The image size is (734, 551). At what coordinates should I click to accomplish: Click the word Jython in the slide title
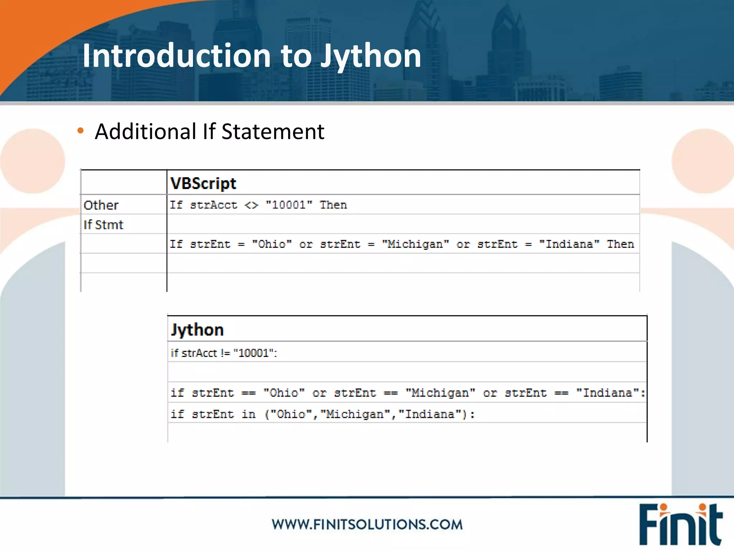[371, 56]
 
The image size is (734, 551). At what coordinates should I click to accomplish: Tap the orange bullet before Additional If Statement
[81, 131]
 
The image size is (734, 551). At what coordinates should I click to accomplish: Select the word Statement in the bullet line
[273, 131]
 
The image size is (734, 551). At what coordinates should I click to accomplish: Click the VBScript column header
[203, 183]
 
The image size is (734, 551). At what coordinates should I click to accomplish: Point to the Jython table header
[197, 329]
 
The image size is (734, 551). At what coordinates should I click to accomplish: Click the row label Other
[101, 205]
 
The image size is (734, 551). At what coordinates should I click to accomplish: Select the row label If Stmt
[103, 225]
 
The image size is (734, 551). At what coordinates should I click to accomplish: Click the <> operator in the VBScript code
[251, 205]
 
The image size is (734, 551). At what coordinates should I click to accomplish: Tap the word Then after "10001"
[333, 205]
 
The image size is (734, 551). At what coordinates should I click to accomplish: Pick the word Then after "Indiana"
[620, 244]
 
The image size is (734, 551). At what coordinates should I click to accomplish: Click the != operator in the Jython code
[225, 353]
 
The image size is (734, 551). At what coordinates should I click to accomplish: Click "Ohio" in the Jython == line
[284, 393]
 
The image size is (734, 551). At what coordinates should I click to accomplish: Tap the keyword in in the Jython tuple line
[248, 414]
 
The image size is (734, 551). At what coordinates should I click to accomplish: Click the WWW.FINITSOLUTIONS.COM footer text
[367, 524]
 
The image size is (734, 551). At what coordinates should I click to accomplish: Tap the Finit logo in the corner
[680, 524]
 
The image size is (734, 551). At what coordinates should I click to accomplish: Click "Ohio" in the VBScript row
[272, 244]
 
